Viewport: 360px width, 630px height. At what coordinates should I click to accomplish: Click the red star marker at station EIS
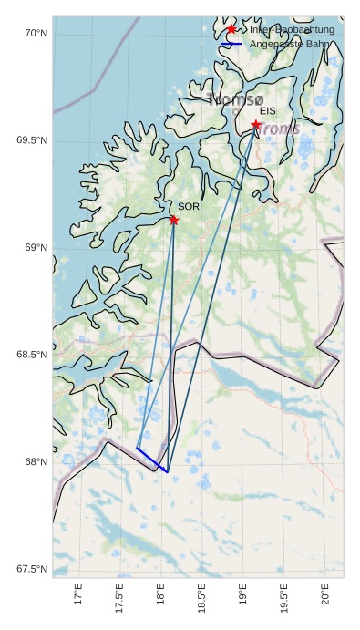pyautogui.click(x=256, y=125)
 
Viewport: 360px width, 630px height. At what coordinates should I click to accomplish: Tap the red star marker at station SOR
pyautogui.click(x=173, y=220)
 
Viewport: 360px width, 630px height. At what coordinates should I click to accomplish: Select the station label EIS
pyautogui.click(x=267, y=110)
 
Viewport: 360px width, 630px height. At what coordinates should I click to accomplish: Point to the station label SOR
pyautogui.click(x=189, y=207)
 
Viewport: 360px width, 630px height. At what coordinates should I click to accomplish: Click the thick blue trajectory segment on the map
pyautogui.click(x=152, y=460)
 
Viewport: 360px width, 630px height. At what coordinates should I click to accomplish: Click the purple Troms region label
pyautogui.click(x=277, y=129)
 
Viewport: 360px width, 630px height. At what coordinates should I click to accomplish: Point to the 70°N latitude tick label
pyautogui.click(x=36, y=34)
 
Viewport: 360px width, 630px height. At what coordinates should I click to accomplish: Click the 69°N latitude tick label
pyautogui.click(x=36, y=248)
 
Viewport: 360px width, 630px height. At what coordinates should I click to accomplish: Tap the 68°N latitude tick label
pyautogui.click(x=36, y=462)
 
